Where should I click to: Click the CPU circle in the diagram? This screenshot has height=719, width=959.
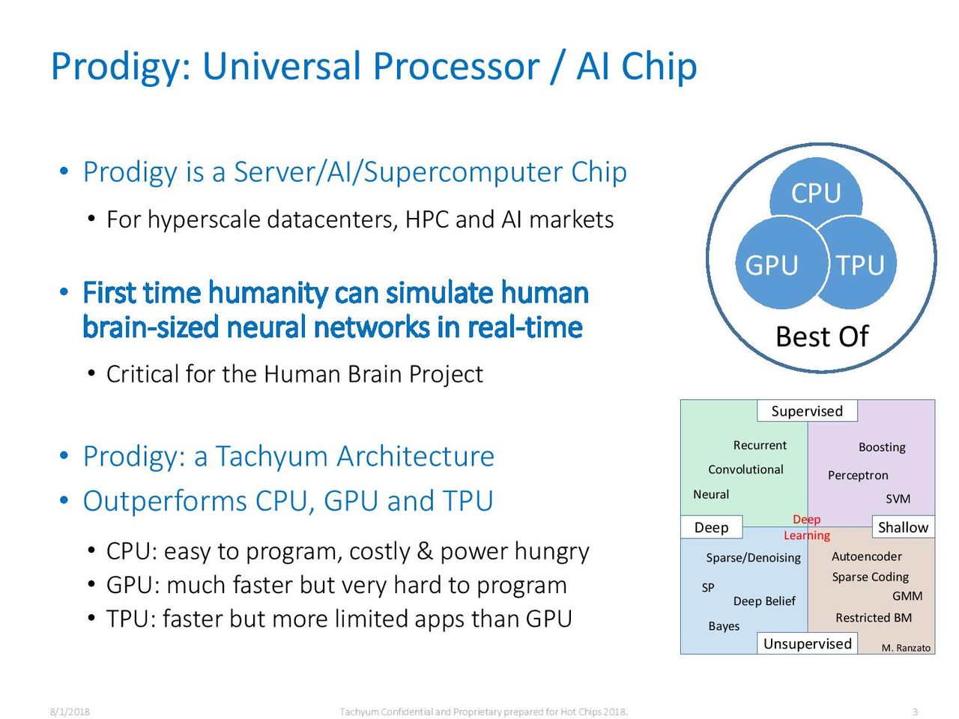(816, 192)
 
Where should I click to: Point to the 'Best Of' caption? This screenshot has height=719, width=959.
(822, 336)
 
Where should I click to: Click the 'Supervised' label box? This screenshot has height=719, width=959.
(807, 410)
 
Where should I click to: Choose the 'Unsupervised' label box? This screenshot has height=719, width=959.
(807, 643)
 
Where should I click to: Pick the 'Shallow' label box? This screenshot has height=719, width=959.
(903, 527)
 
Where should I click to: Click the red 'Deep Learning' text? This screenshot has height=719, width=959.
(806, 527)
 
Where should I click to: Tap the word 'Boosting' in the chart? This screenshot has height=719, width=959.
(882, 447)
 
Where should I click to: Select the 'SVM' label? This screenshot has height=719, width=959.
(898, 499)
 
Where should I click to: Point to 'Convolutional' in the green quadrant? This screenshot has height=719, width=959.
(745, 470)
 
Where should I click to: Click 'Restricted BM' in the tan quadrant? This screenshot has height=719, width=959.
(874, 618)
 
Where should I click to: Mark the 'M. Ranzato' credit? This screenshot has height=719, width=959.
(906, 648)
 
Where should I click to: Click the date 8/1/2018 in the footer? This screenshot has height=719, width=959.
(70, 712)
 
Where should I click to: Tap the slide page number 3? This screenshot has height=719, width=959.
(916, 712)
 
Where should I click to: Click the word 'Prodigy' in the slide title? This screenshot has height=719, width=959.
(117, 67)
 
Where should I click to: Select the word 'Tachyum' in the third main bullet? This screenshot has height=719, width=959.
(272, 457)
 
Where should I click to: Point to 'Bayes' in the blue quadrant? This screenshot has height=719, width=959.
(724, 626)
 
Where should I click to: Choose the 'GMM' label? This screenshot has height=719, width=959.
(907, 596)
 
